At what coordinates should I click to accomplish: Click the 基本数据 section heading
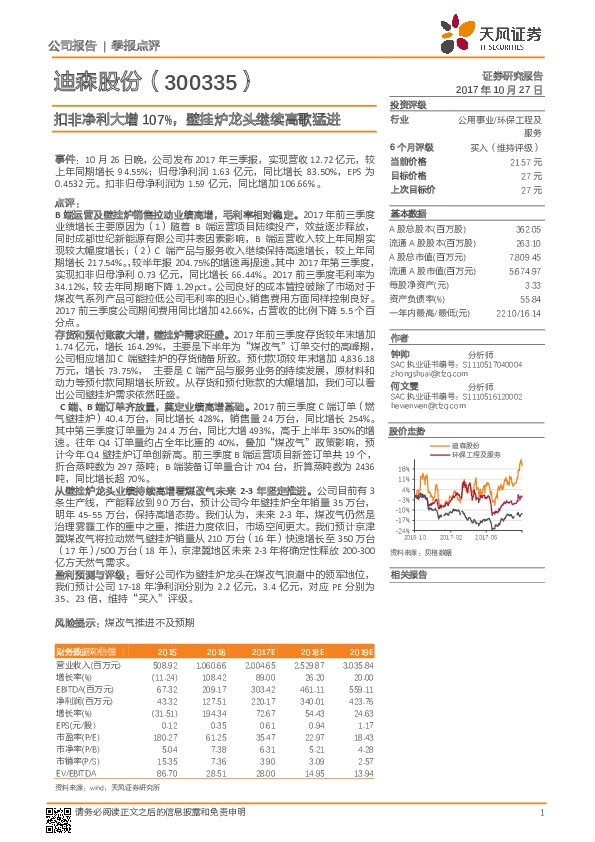406,214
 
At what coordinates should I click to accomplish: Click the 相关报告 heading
406,574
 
